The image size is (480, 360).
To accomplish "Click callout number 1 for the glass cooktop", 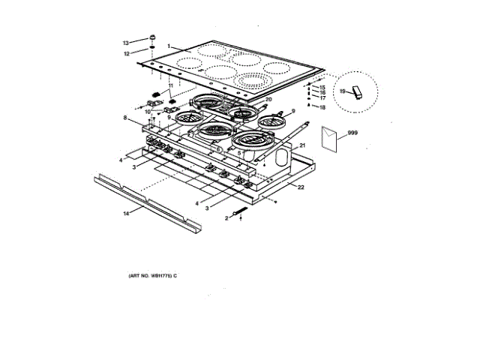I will pyautogui.click(x=169, y=45).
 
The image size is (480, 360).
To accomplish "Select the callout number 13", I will pyautogui.click(x=126, y=42).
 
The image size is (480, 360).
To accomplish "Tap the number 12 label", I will pyautogui.click(x=127, y=53).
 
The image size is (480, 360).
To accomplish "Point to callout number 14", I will pyautogui.click(x=126, y=214).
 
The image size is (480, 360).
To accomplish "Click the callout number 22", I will pyautogui.click(x=300, y=187).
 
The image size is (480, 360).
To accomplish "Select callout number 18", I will pyautogui.click(x=322, y=108).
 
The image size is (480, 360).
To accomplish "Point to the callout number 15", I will pyautogui.click(x=322, y=88).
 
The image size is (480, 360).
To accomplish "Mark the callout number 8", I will pyautogui.click(x=126, y=118).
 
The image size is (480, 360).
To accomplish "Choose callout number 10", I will pyautogui.click(x=148, y=112).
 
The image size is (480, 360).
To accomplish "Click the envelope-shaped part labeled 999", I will pyautogui.click(x=328, y=137).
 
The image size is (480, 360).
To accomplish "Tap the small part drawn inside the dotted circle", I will pyautogui.click(x=357, y=93).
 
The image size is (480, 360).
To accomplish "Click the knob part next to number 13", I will pyautogui.click(x=151, y=37).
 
